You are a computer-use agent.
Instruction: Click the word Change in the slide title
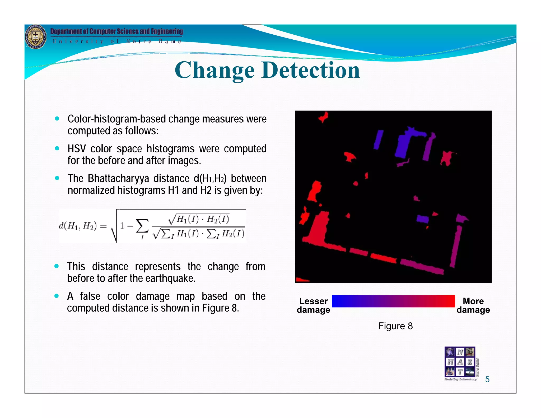click(214, 71)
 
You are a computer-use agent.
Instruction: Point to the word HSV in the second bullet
click(77, 149)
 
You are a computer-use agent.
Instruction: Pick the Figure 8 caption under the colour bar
click(395, 326)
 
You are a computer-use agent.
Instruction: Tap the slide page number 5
click(487, 379)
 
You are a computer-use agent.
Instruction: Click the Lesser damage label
click(313, 305)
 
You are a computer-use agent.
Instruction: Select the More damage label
click(473, 305)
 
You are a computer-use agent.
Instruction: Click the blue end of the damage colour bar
click(337, 301)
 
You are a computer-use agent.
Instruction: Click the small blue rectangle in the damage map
click(422, 219)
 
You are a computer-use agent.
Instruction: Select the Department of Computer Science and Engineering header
click(116, 31)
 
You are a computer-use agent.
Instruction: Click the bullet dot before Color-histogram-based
click(57, 119)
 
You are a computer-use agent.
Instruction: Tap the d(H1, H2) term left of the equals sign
click(78, 226)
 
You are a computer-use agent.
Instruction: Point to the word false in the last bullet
click(90, 296)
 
